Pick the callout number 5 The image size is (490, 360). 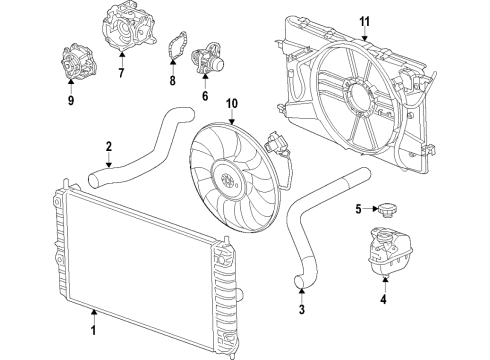[x=357, y=209]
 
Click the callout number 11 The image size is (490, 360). [x=364, y=21]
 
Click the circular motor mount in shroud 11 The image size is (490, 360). [x=356, y=99]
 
